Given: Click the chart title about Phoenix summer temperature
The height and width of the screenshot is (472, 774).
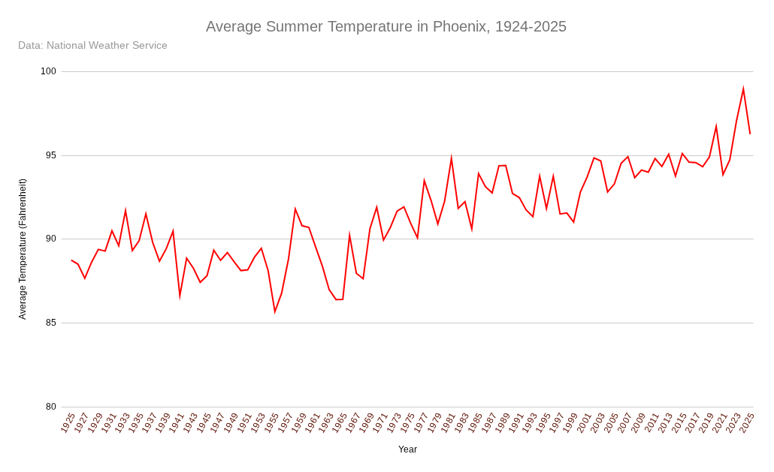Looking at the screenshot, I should (x=386, y=27).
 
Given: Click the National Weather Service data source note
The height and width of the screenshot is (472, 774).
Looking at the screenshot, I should (x=92, y=46).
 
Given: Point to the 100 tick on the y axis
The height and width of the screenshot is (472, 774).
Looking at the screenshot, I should (x=48, y=71).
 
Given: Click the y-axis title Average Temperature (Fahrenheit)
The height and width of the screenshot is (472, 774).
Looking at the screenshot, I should (x=23, y=249).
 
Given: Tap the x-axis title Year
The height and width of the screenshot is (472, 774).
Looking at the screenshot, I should (x=407, y=449).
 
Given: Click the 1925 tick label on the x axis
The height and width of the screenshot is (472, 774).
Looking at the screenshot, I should (x=68, y=422).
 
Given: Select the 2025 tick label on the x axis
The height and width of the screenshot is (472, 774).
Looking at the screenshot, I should (x=746, y=422).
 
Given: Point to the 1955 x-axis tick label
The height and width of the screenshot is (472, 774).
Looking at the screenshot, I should (x=272, y=422).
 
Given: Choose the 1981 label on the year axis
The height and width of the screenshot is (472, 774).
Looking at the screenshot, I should (x=448, y=422).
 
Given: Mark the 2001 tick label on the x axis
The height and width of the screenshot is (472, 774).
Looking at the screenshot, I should (x=584, y=422).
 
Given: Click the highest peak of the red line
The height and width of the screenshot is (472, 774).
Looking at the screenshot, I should (x=743, y=89).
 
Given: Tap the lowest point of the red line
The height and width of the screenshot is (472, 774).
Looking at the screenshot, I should (x=275, y=311).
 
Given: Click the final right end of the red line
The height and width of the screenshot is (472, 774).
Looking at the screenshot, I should (x=750, y=134).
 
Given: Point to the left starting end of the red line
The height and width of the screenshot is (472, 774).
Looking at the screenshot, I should (x=71, y=260).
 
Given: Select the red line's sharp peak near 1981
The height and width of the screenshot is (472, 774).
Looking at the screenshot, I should (x=452, y=158).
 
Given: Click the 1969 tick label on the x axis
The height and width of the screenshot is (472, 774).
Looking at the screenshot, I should (x=367, y=422).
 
